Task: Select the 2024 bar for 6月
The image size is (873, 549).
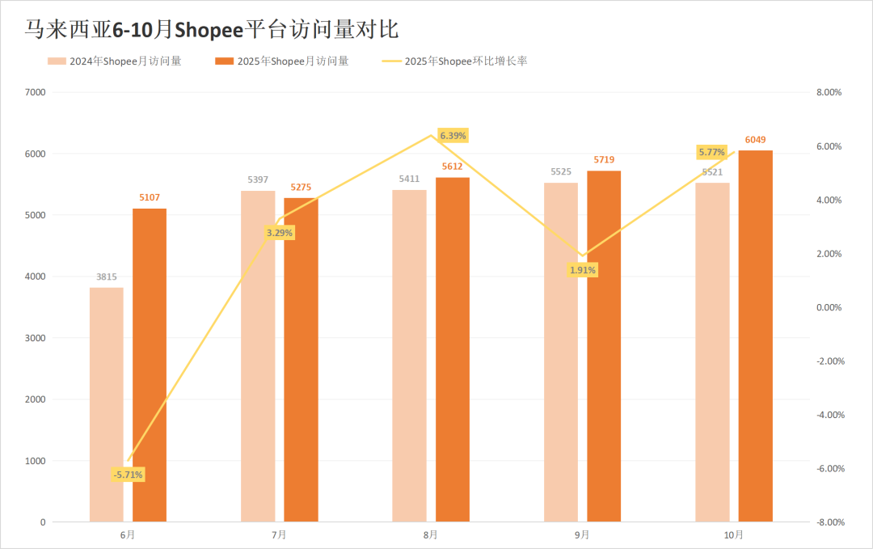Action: pyautogui.click(x=107, y=404)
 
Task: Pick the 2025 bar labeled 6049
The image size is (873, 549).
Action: pyautogui.click(x=755, y=336)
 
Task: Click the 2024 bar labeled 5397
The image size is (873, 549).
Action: pyautogui.click(x=258, y=357)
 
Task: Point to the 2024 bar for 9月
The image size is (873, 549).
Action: pyautogui.click(x=561, y=353)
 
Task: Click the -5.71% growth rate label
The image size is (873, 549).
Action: pyautogui.click(x=129, y=475)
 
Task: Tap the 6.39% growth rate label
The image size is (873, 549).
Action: pyautogui.click(x=452, y=135)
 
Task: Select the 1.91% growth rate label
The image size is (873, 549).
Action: pyautogui.click(x=583, y=270)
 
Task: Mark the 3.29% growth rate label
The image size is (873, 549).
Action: pyautogui.click(x=280, y=233)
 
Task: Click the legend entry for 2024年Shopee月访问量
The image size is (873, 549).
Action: pyautogui.click(x=114, y=61)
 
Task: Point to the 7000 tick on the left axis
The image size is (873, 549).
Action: pyautogui.click(x=36, y=92)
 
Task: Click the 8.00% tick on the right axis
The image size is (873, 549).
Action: pyautogui.click(x=829, y=92)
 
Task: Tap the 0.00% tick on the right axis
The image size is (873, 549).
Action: pyautogui.click(x=829, y=307)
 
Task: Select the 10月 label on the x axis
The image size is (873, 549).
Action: pyautogui.click(x=734, y=534)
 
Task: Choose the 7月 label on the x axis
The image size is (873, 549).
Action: pyautogui.click(x=279, y=534)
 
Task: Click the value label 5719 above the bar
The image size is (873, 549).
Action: pyautogui.click(x=604, y=160)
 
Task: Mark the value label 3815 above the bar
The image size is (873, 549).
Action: pyautogui.click(x=107, y=277)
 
